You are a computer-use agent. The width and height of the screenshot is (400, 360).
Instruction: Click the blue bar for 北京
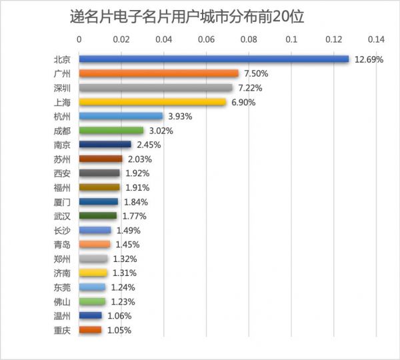click(x=213, y=59)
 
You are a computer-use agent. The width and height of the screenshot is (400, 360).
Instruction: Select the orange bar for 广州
click(x=159, y=73)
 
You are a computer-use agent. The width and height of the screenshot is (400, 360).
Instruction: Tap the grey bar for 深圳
click(x=155, y=87)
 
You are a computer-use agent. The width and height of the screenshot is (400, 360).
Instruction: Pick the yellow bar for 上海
click(x=153, y=102)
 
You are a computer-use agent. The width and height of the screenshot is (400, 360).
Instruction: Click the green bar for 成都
click(x=111, y=131)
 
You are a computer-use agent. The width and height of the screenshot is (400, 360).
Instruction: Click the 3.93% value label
click(x=180, y=117)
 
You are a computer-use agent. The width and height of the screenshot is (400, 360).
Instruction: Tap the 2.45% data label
click(x=148, y=145)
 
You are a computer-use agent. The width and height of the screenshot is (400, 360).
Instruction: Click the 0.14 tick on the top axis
click(x=377, y=39)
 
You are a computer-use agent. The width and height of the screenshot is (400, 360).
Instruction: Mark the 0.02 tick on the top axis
click(x=121, y=39)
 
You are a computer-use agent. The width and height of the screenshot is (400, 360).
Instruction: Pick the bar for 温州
click(x=91, y=316)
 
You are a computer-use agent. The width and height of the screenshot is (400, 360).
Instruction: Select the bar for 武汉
click(x=98, y=216)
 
